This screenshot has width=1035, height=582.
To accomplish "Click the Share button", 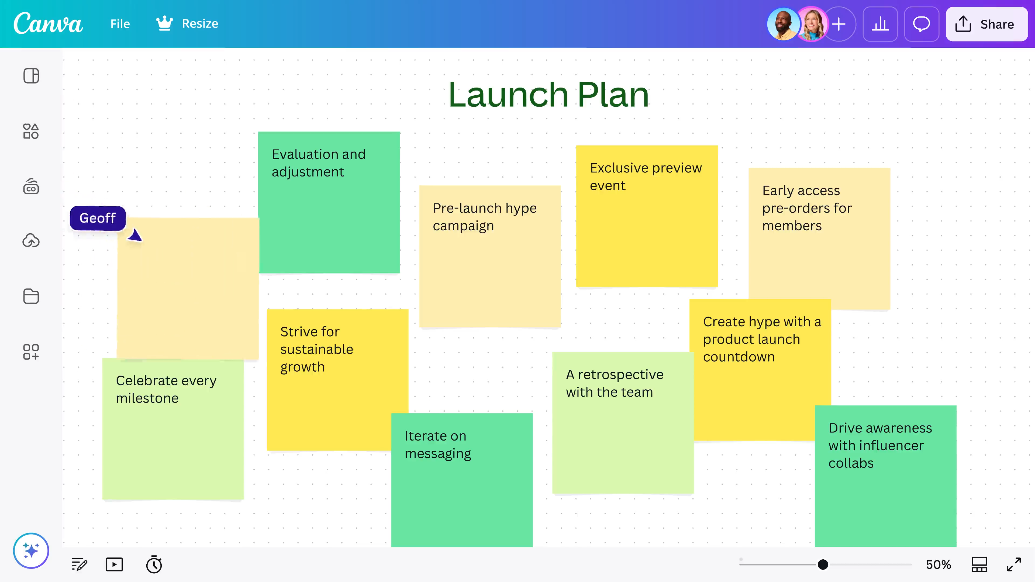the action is click(x=986, y=24).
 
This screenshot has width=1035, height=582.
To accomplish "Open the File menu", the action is click(x=120, y=24).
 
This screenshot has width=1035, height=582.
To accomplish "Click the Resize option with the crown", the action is click(x=187, y=24).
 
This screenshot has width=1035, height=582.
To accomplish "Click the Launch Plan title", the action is click(x=548, y=95).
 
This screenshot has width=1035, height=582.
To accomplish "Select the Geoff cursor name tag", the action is click(x=98, y=218).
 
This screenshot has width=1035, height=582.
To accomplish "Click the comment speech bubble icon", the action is click(x=921, y=24).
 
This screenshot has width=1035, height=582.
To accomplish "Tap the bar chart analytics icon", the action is click(x=880, y=24).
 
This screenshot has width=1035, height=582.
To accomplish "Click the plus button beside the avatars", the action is click(x=839, y=24).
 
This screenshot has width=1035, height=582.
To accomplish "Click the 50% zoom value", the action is click(x=938, y=565).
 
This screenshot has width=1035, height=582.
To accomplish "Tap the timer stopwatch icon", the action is click(x=154, y=564).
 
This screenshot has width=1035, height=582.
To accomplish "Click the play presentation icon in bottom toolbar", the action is click(x=114, y=564).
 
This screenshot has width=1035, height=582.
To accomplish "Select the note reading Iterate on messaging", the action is click(x=462, y=480).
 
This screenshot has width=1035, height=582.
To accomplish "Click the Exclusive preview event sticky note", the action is click(x=647, y=216).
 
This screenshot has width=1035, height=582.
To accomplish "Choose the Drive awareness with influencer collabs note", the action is click(x=885, y=476).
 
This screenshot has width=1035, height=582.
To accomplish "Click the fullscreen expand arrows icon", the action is click(x=1014, y=564).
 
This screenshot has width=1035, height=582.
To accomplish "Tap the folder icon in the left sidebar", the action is click(x=31, y=296).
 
